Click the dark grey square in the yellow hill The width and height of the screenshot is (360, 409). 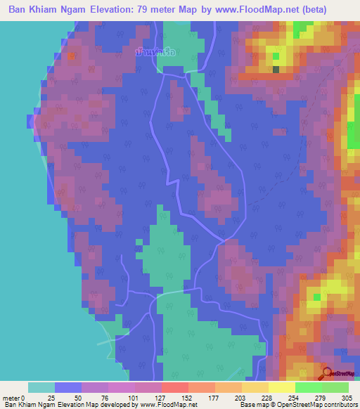click(276, 69)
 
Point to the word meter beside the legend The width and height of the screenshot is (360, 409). click(11, 398)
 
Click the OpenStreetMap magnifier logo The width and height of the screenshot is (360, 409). click(326, 372)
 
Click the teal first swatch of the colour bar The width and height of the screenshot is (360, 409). click(41, 387)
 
